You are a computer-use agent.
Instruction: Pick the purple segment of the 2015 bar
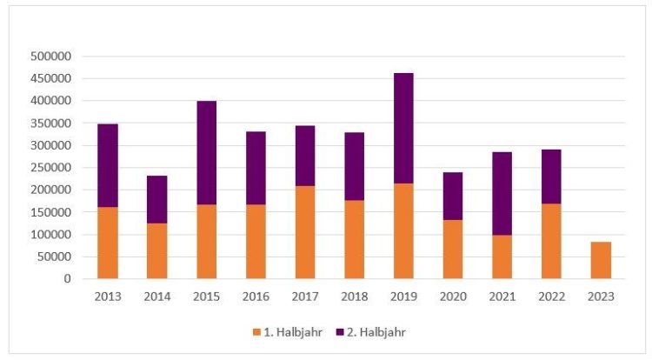[x=207, y=152]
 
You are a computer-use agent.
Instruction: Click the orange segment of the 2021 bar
[x=502, y=257]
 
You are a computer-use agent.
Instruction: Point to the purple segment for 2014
[x=157, y=199]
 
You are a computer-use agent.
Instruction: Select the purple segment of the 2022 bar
[x=550, y=177]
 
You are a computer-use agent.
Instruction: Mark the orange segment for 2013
[x=108, y=243]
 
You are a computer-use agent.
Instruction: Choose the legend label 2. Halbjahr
[x=375, y=331]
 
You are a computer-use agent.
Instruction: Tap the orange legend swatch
[x=256, y=331]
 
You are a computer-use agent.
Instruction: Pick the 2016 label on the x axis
[x=256, y=296]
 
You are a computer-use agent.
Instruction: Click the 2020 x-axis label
[x=452, y=296]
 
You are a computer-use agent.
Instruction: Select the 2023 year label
[x=600, y=296]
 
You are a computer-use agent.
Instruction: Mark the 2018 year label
[x=355, y=296]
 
